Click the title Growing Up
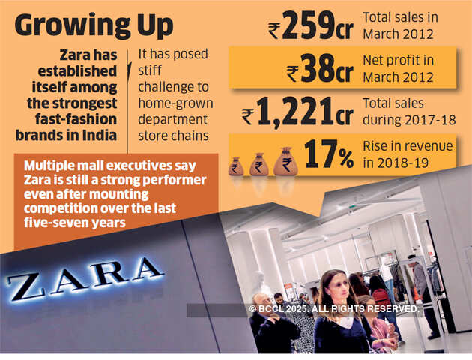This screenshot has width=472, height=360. (93, 25)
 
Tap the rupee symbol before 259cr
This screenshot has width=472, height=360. (277, 29)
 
